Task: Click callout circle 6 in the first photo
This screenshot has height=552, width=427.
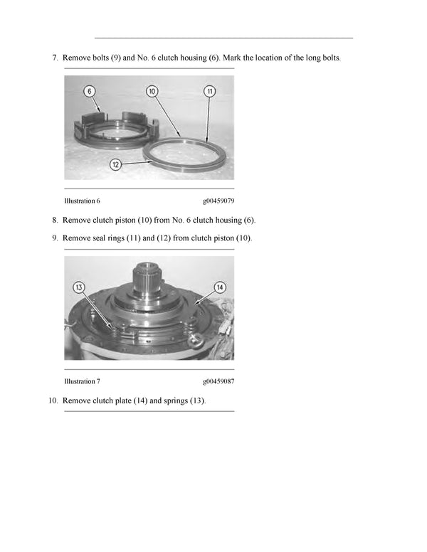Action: point(90,91)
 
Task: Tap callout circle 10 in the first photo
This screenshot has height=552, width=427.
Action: point(153,91)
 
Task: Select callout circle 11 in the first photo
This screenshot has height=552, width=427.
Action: point(209,91)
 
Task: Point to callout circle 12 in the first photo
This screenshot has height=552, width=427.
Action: point(115,164)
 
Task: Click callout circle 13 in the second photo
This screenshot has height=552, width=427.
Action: point(80,287)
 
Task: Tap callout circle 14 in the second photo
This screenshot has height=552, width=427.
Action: point(220,287)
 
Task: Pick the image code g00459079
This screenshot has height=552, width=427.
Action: point(218,201)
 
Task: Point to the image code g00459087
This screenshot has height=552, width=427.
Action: point(218,381)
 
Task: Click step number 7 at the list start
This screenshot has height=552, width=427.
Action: point(55,57)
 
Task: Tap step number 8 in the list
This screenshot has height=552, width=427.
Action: point(55,220)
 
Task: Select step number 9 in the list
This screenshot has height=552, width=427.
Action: point(55,238)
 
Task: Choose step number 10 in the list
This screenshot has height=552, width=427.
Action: point(53,400)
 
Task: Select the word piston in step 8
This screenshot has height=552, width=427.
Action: point(131,220)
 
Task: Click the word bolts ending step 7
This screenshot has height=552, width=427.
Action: point(331,57)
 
